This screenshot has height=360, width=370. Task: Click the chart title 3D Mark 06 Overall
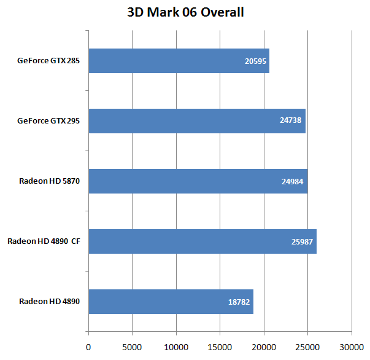(x=185, y=12)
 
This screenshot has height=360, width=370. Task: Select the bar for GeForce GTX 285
(x=179, y=61)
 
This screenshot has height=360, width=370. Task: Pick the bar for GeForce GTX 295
(x=197, y=121)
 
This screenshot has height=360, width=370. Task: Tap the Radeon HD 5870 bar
(x=198, y=181)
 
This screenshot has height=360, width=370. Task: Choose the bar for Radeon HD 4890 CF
(x=202, y=241)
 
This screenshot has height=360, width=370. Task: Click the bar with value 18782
(x=171, y=302)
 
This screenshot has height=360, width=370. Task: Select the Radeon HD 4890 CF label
(x=44, y=241)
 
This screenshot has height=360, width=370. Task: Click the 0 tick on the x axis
(x=89, y=347)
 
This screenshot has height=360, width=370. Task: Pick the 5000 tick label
(x=133, y=347)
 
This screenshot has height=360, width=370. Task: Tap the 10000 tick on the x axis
(x=176, y=347)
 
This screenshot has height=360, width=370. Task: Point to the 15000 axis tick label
(x=220, y=347)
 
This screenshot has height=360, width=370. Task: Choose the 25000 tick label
(x=307, y=347)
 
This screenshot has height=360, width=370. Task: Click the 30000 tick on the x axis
(x=351, y=347)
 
